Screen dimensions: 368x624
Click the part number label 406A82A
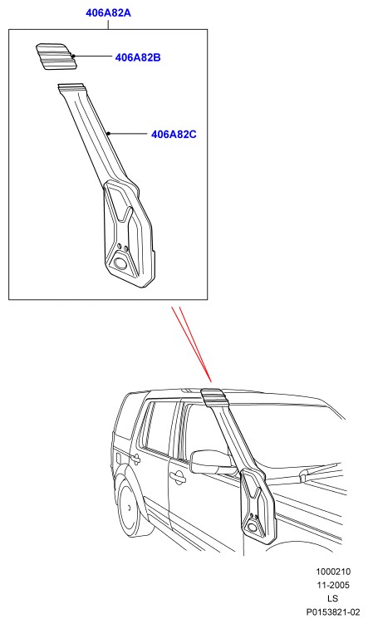(108, 12)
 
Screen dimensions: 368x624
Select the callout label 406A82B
(138, 57)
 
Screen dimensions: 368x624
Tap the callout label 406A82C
(174, 134)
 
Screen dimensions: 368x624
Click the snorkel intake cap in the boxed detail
(56, 57)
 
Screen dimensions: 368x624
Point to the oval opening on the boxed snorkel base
(120, 263)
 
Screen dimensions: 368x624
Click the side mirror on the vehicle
(211, 462)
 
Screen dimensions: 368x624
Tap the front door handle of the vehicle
(178, 476)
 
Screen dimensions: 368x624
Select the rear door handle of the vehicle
(135, 458)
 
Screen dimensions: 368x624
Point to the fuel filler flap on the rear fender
(118, 457)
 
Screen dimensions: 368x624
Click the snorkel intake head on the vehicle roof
(213, 397)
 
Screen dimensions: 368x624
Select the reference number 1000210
(333, 572)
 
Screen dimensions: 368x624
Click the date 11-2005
(333, 585)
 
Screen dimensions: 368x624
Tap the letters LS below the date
(333, 598)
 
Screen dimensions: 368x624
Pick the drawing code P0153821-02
(333, 612)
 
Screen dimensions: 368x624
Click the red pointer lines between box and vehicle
(191, 344)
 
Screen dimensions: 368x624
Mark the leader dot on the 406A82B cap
(74, 57)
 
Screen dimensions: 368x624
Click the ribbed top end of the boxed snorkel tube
(71, 88)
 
